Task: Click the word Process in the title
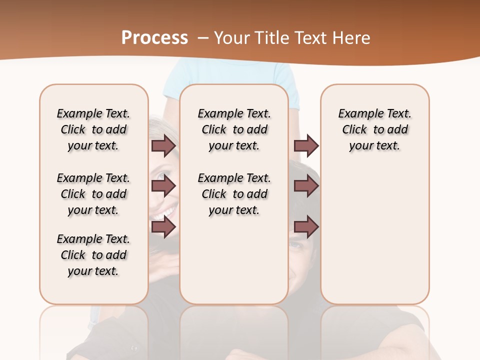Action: pyautogui.click(x=154, y=38)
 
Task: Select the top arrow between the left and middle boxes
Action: pyautogui.click(x=163, y=146)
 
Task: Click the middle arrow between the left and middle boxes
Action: pyautogui.click(x=163, y=186)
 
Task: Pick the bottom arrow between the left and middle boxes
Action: pyautogui.click(x=163, y=227)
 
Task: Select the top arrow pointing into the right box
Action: pyautogui.click(x=306, y=146)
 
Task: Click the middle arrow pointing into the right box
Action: pyautogui.click(x=306, y=186)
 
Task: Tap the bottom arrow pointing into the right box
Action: pyautogui.click(x=306, y=227)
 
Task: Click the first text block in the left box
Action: pyautogui.click(x=93, y=129)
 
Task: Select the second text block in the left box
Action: pyautogui.click(x=93, y=194)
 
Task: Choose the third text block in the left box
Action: pyautogui.click(x=93, y=255)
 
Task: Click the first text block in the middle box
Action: pyautogui.click(x=234, y=129)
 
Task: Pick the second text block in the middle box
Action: pyautogui.click(x=234, y=194)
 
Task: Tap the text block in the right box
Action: pyautogui.click(x=375, y=129)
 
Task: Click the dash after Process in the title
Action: pyautogui.click(x=202, y=38)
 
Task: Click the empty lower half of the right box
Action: pyautogui.click(x=375, y=240)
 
